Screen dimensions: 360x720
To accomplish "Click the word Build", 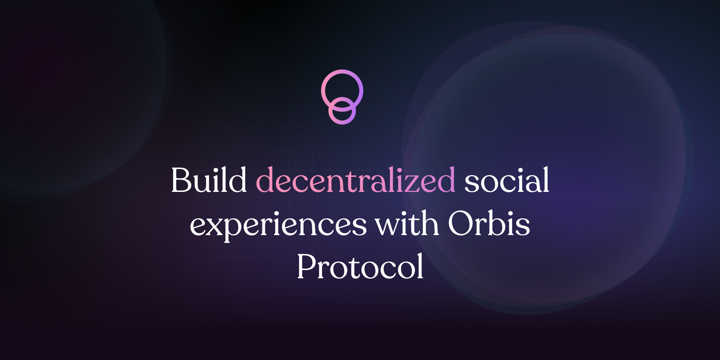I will coord(209,180).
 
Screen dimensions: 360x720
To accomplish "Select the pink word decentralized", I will coord(356,180).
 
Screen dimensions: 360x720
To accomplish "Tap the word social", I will coord(507,180).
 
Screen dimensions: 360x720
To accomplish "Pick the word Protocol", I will coord(360,266).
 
